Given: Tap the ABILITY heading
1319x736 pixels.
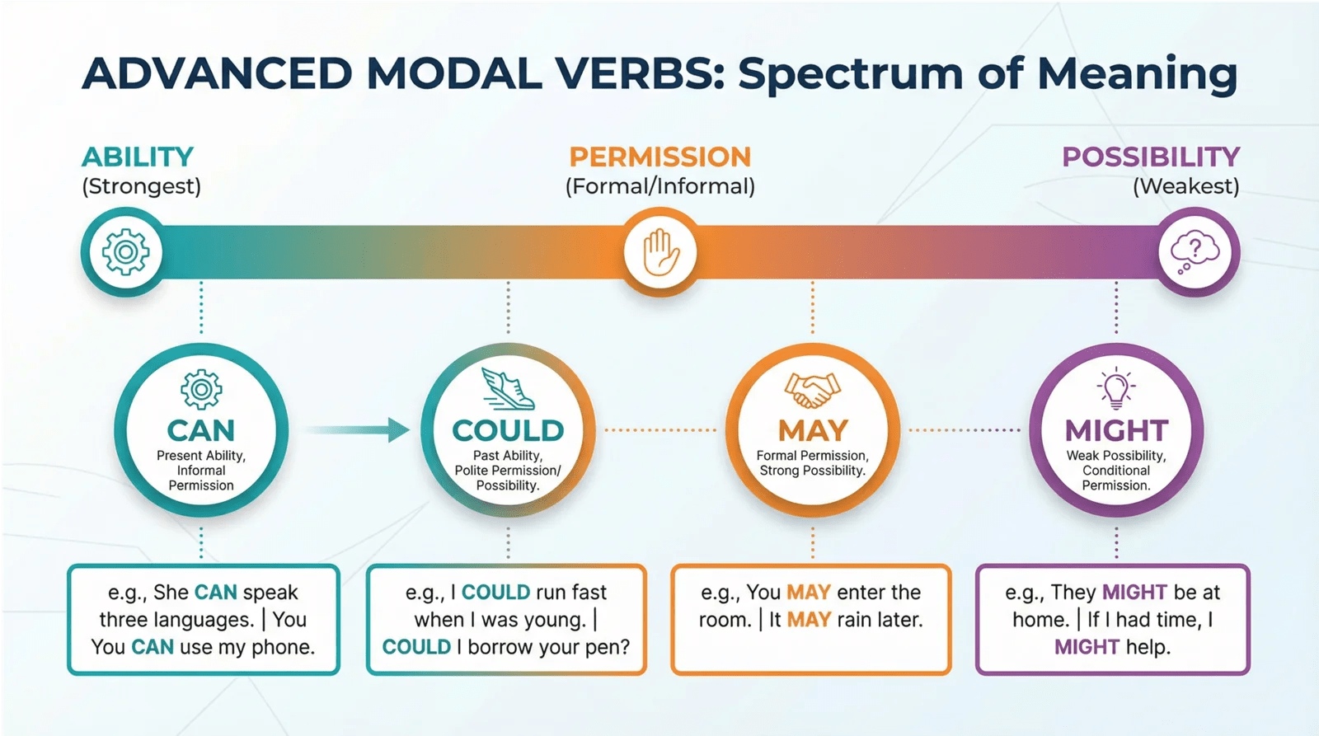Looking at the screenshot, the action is pos(138,157).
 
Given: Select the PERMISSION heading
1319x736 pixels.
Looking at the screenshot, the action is pos(660,157).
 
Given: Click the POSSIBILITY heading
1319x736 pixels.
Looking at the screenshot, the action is pos(1151,157).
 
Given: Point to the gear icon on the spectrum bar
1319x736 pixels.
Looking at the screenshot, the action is pos(124,252).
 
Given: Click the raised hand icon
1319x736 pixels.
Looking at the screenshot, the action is pos(660,252).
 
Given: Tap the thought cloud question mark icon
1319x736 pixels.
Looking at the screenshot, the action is pos(1195,253).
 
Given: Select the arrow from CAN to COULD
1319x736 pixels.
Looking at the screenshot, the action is pos(357,430).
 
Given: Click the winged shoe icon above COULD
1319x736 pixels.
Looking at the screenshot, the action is pos(508,389).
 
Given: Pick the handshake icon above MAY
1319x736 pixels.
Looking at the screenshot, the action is pos(813,391).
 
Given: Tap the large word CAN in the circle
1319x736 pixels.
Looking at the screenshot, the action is pos(201,430).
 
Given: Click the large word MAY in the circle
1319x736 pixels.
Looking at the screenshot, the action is pos(813,430).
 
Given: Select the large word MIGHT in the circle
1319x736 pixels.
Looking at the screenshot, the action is pos(1116,430).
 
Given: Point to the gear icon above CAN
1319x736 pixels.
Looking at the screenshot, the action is pos(201,389).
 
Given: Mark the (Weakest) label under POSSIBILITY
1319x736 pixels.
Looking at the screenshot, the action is pos(1186,186).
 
